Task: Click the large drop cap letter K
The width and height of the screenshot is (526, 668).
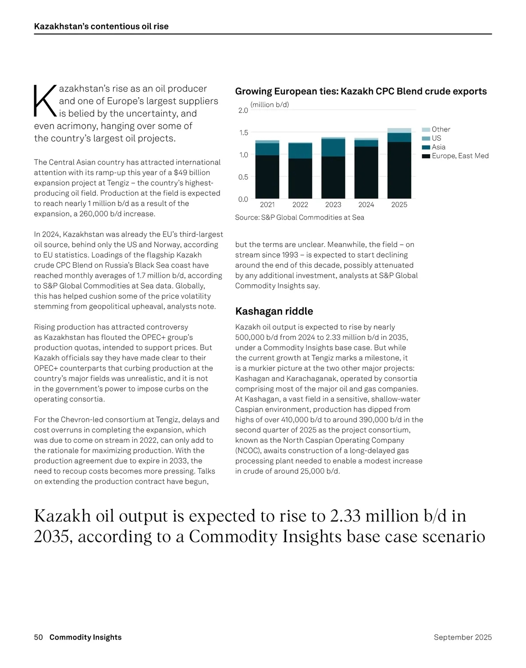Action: tap(45, 101)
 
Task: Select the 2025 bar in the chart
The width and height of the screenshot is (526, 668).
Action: tap(399, 164)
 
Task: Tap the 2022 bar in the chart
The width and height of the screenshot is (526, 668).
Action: tap(300, 171)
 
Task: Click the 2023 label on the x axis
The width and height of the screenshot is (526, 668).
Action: tap(333, 205)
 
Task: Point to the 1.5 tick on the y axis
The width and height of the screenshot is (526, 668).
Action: tap(243, 133)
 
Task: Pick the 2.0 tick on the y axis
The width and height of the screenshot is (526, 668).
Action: tap(243, 110)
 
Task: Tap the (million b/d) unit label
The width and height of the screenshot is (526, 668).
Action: tap(270, 105)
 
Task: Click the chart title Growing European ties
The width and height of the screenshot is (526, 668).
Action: tap(361, 92)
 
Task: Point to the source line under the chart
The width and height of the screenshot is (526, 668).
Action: tap(299, 217)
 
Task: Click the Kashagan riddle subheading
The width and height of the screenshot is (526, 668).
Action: tap(274, 311)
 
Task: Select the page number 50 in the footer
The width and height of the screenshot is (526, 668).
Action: tap(39, 637)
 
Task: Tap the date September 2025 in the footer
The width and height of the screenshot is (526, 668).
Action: tap(462, 637)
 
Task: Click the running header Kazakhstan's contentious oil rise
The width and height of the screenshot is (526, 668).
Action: tap(101, 26)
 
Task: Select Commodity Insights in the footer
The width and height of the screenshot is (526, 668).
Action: tap(85, 637)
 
